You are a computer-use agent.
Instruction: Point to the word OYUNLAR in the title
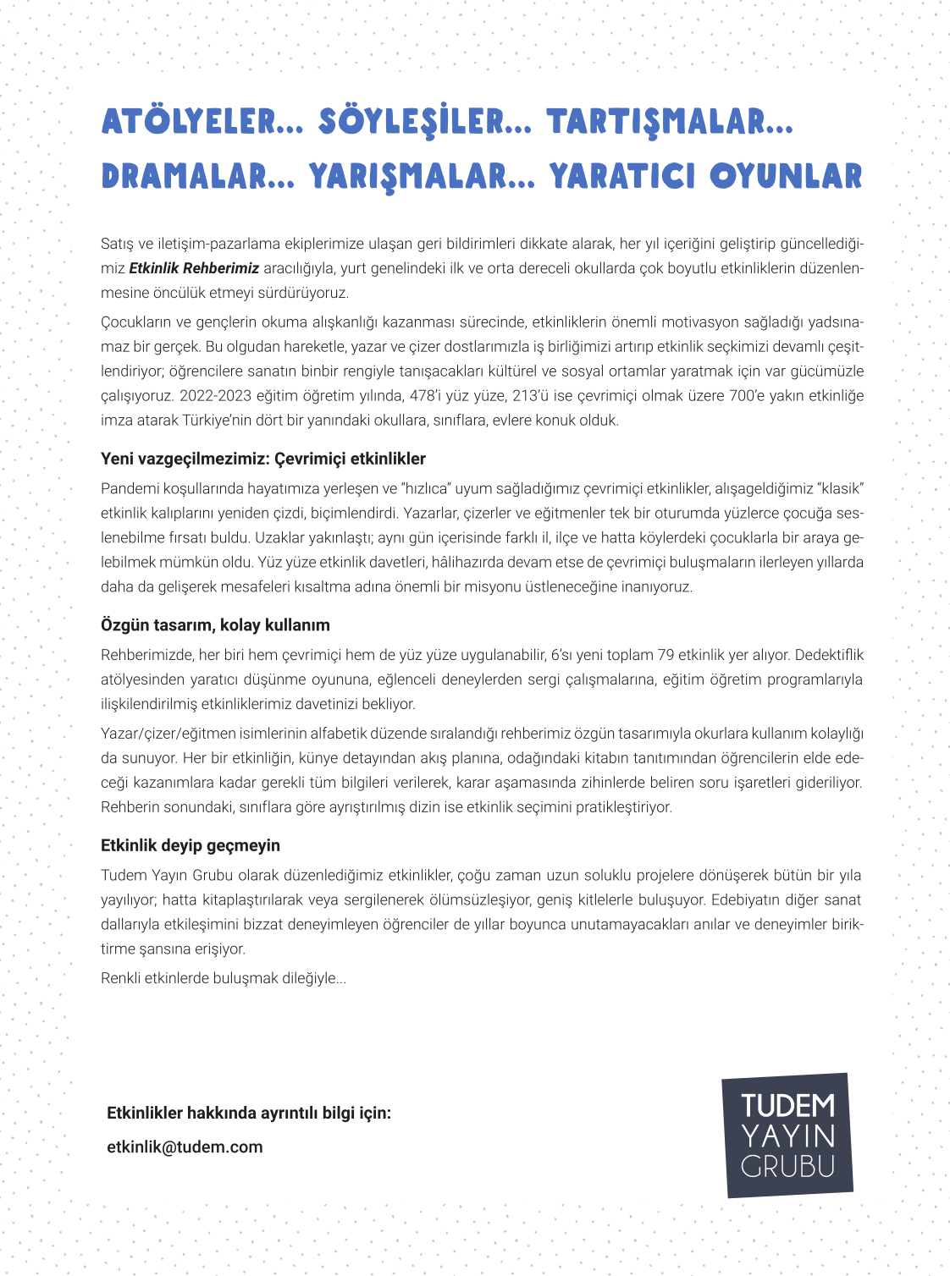click(786, 177)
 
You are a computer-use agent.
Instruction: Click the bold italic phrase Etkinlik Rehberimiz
click(194, 268)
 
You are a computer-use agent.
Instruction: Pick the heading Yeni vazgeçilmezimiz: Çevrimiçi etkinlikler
click(263, 459)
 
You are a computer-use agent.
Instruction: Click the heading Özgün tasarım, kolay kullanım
click(215, 625)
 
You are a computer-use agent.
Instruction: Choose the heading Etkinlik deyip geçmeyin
click(191, 845)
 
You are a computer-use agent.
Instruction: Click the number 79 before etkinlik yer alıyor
click(666, 655)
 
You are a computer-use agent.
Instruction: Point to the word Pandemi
click(126, 488)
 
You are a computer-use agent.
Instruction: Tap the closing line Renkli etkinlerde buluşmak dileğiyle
click(224, 978)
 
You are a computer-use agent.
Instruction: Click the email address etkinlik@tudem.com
click(185, 1147)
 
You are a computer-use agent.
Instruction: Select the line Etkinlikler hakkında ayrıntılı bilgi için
click(249, 1113)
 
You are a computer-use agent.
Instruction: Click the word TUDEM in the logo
click(787, 1105)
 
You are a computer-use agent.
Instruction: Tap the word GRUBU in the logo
click(787, 1166)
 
